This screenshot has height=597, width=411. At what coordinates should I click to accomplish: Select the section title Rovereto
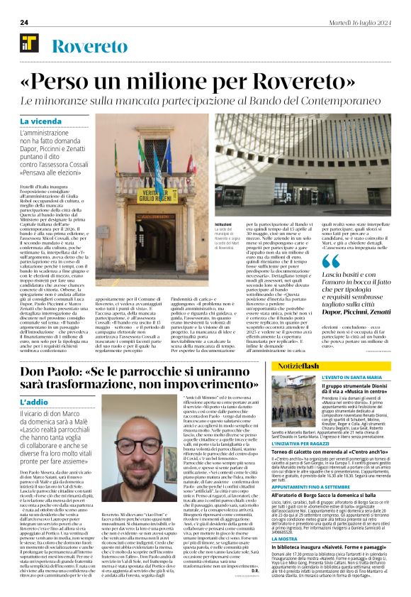(86, 48)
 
